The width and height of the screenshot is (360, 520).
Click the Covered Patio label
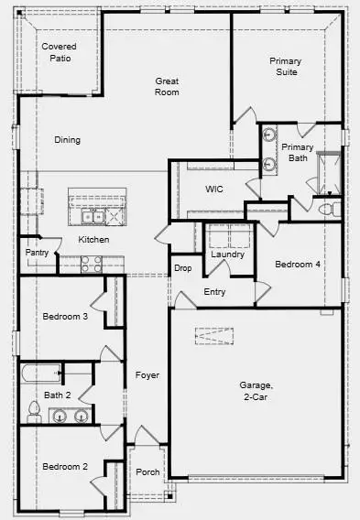coord(60,52)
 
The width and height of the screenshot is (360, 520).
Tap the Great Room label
coord(167,87)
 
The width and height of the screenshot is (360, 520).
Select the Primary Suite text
coord(285,67)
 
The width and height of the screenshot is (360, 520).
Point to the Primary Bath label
coord(298,153)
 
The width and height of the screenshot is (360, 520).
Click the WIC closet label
coord(214,189)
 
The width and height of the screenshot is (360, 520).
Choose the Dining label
coord(67,140)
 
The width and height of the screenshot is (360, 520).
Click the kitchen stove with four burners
coord(92,264)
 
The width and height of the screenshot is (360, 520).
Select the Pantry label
coord(37,252)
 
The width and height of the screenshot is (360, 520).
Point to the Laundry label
coord(227,255)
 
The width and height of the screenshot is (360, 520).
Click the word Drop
coord(182,268)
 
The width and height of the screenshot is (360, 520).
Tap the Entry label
coord(214,292)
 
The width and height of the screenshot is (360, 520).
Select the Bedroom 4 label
coord(299,265)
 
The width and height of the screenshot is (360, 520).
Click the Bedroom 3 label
coord(65,317)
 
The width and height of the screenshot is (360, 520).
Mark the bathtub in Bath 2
coord(40,373)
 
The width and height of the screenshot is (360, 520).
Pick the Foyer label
coord(147,375)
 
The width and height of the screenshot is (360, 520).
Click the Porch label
coord(147,472)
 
